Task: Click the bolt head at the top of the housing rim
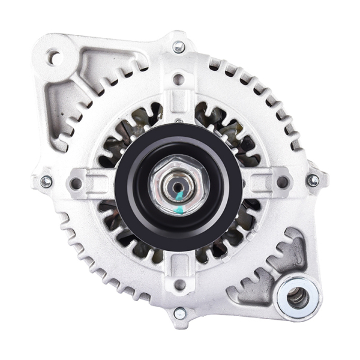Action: [x=179, y=47]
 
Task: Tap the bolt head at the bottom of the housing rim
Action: [x=179, y=313]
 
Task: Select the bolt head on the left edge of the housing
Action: [x=46, y=181]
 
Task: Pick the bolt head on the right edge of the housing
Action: [x=313, y=180]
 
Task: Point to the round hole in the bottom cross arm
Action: [x=179, y=282]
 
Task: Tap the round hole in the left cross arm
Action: [x=77, y=181]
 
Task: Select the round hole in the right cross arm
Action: [x=281, y=180]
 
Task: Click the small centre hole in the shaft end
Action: [x=178, y=187]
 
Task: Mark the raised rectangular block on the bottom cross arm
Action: [x=179, y=262]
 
